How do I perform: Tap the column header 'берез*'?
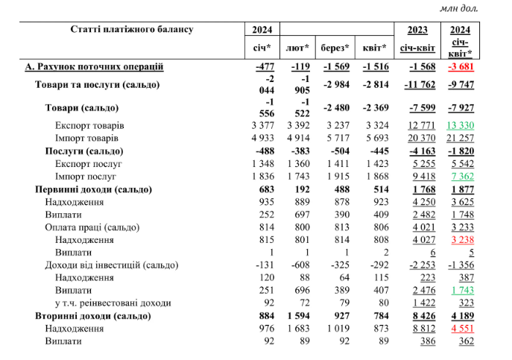point(336,48)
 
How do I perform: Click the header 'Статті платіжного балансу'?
point(132,29)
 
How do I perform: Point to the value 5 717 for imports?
point(336,138)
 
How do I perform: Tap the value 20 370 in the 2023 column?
point(417,138)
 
